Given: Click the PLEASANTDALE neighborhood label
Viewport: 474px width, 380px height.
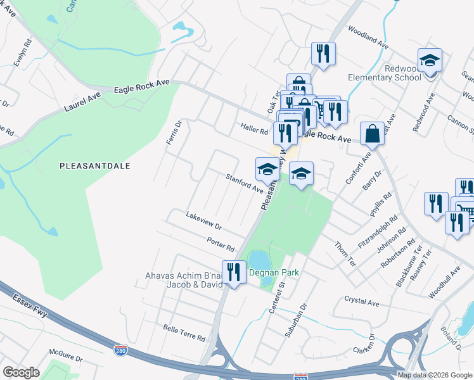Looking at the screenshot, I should tap(94, 166).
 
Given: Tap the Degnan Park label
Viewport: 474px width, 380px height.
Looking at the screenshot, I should tap(274, 273).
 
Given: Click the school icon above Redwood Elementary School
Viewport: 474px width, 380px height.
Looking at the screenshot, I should tap(430, 61).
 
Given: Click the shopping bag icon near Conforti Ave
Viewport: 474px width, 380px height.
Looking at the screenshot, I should tap(372, 134).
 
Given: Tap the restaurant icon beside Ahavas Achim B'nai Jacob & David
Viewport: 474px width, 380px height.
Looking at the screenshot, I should tap(234, 272).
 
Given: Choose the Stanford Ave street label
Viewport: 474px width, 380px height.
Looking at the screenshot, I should tap(245, 182).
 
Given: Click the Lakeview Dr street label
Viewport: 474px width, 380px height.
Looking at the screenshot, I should tap(203, 222).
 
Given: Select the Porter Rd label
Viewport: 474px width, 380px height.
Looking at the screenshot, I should tap(221, 242).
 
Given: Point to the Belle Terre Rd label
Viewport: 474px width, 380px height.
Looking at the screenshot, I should tap(184, 333).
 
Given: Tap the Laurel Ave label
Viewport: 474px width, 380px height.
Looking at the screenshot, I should tap(82, 101).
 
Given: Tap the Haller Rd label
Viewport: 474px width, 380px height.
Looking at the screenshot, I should tap(254, 129).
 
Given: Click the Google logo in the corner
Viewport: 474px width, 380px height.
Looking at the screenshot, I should tap(21, 372).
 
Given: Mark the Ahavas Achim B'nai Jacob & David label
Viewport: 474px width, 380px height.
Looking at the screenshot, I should tap(184, 280).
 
